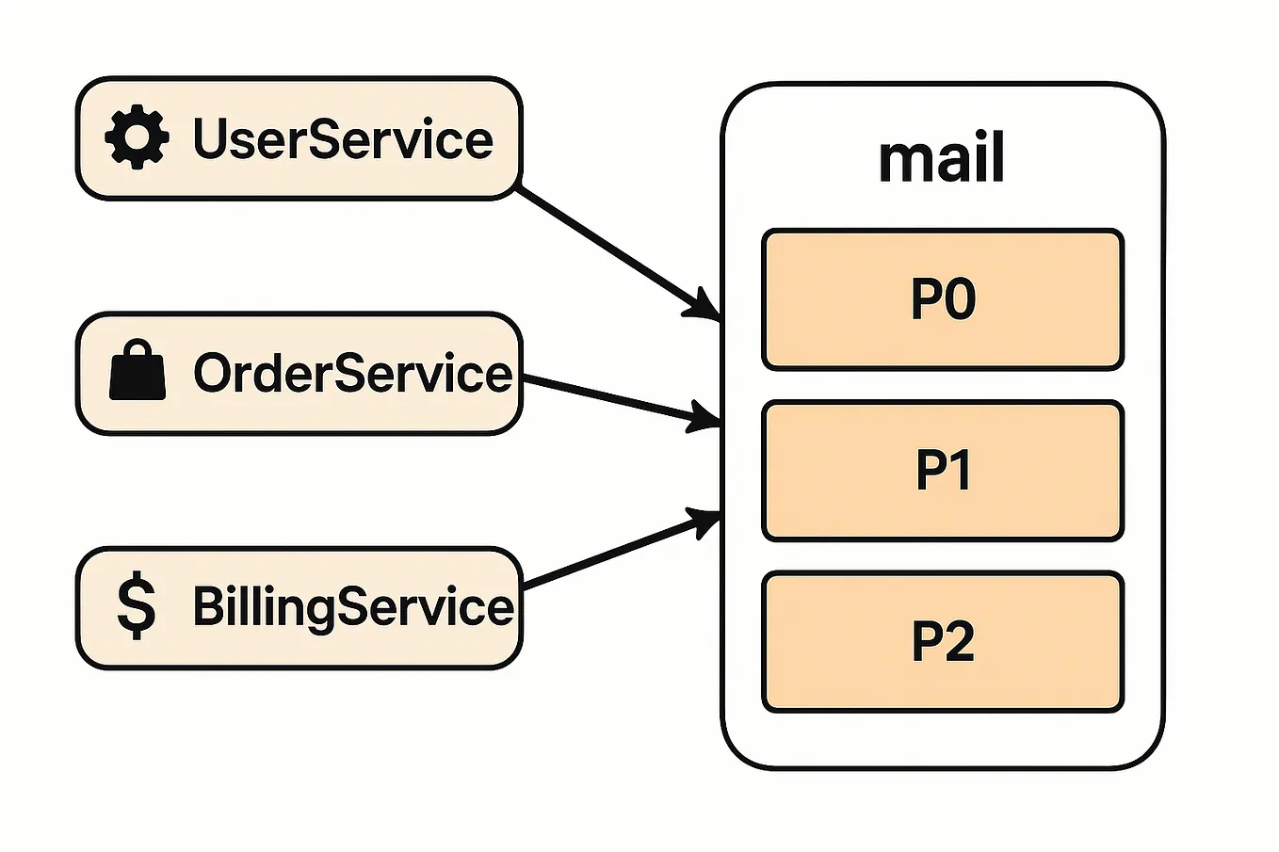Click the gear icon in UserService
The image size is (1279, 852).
(x=137, y=137)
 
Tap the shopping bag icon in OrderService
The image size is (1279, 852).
(x=137, y=373)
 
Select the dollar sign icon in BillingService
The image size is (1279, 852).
(x=137, y=607)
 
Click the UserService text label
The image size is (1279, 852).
(x=343, y=139)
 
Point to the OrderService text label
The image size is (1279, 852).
(x=352, y=374)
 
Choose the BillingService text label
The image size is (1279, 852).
(x=352, y=607)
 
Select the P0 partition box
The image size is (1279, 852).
(x=942, y=299)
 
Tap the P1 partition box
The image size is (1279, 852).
(x=942, y=471)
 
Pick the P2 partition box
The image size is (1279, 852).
(x=942, y=642)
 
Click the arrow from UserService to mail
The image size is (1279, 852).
(x=612, y=249)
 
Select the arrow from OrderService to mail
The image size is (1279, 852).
(x=612, y=396)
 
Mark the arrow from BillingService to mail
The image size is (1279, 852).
(x=612, y=555)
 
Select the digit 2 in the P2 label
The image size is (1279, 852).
(x=959, y=642)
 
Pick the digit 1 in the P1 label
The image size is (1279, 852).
(x=959, y=471)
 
